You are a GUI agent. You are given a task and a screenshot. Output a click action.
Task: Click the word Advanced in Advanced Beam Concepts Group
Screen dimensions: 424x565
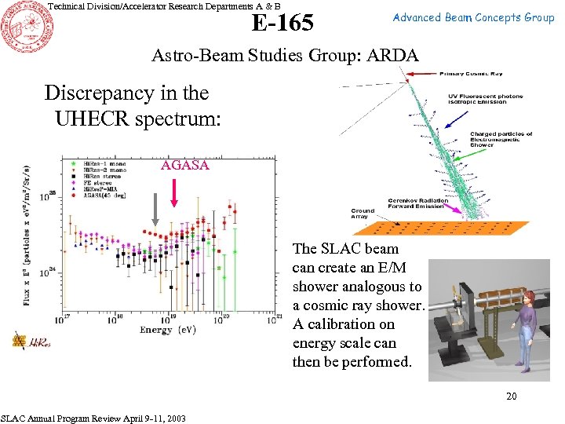coord(417,17)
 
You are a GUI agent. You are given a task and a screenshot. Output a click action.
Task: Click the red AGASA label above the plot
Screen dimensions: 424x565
coord(185,165)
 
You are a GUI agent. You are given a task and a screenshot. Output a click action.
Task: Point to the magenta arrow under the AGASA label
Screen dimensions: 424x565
coord(173,191)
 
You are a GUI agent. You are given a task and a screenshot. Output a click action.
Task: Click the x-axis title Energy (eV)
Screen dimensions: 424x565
coord(168,329)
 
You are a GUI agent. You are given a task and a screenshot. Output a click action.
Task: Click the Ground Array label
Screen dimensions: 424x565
coord(363,214)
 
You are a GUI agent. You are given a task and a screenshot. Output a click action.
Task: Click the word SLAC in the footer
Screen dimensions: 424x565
coord(16,419)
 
